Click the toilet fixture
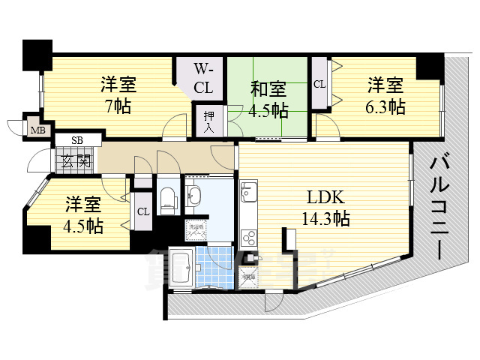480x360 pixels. click(168, 198)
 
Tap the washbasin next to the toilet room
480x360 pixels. click(194, 197)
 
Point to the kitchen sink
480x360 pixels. click(249, 197)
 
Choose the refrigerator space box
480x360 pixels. click(249, 277)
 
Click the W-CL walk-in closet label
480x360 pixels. click(203, 78)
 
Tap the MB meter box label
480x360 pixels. click(36, 130)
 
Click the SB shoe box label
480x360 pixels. click(76, 140)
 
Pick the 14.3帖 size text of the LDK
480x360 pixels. click(325, 218)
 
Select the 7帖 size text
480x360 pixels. click(118, 106)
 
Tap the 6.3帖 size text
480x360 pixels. click(386, 106)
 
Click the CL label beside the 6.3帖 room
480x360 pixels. click(319, 84)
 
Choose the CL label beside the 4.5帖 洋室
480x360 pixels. click(142, 211)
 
